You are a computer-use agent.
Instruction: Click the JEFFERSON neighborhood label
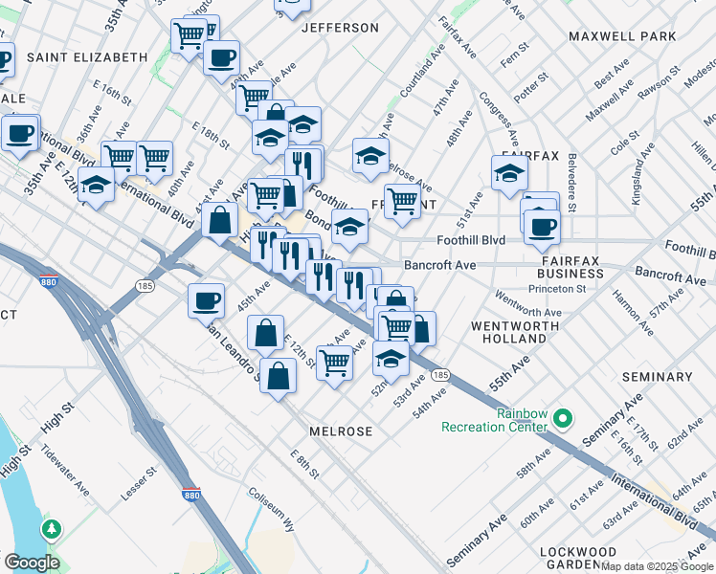(x=341, y=28)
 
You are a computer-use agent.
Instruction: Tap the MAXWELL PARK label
(x=622, y=36)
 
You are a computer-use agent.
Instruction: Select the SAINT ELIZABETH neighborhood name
(x=87, y=57)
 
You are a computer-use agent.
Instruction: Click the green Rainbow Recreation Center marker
(x=563, y=417)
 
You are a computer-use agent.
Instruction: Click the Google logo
(x=32, y=562)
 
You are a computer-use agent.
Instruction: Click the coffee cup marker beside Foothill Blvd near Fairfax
(x=542, y=226)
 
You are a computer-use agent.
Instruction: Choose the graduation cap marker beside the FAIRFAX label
(x=510, y=174)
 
